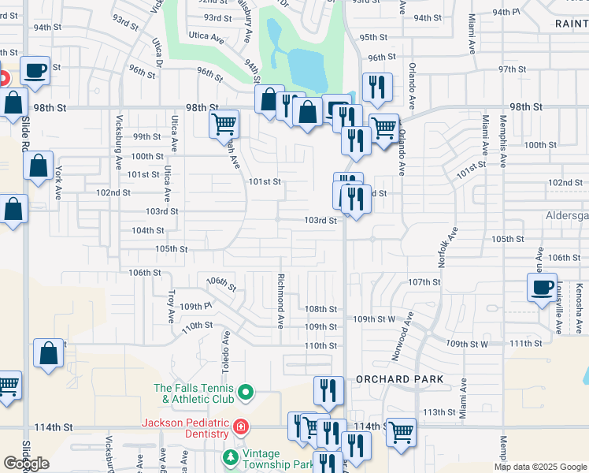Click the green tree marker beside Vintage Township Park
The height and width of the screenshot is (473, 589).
pos(230,456)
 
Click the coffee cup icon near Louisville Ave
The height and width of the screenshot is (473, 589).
pos(542,288)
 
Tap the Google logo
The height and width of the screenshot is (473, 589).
pos(26,464)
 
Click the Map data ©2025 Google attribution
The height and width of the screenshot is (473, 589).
pos(540,467)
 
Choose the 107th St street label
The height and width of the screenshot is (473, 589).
pos(423,282)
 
